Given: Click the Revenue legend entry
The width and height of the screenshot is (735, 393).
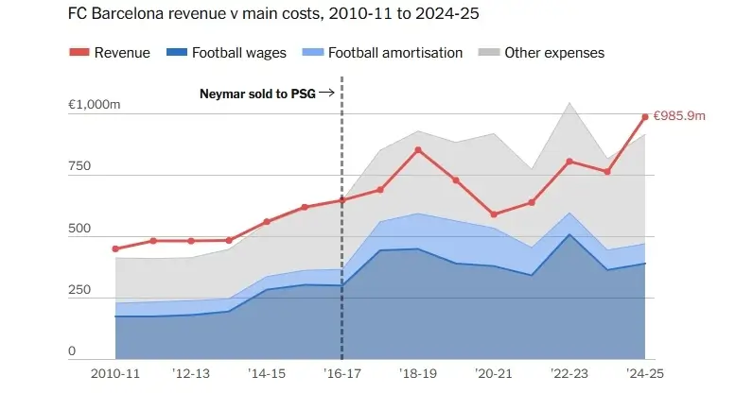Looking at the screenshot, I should pos(110,53).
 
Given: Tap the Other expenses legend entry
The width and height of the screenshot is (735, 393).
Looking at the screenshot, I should pos(542,53).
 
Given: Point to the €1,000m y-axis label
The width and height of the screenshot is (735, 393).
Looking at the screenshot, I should pos(94,104).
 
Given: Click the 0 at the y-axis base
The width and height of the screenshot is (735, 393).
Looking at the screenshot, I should pos(71,351).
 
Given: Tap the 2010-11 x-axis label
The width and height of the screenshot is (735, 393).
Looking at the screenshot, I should pos(114,373).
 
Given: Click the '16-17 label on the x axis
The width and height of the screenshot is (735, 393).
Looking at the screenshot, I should pos(341,373).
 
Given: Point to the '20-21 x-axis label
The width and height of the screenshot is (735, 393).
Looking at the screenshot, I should pos(493,373).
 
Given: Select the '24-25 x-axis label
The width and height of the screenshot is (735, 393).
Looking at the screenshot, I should pos(644,373).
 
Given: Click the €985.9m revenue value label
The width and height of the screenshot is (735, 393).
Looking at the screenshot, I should pos(680,116).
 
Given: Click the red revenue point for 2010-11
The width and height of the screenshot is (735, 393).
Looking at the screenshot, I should pos(115,249).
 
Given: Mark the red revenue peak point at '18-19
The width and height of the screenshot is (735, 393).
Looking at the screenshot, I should pos(418,150).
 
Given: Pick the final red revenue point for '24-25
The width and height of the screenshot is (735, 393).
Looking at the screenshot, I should pos(645,117).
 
